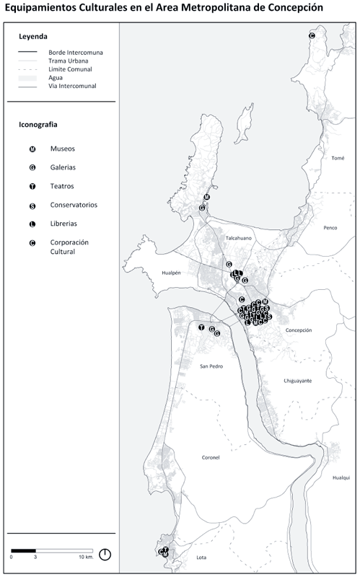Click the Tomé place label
[338, 158]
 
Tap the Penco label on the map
[330, 228]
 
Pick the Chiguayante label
[297, 380]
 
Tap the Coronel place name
[211, 457]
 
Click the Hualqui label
[340, 477]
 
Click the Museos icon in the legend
[32, 149]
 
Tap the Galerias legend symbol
[32, 167]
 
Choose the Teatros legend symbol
[32, 186]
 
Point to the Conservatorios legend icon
[32, 205]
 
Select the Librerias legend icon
[32, 224]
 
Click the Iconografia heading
[38, 124]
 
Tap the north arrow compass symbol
[105, 554]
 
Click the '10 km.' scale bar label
[86, 558]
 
